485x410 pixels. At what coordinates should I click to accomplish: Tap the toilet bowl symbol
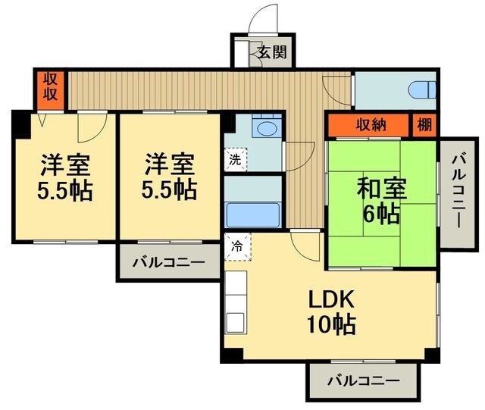pyautogui.click(x=421, y=90)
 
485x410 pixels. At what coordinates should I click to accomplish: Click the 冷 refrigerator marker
pyautogui.click(x=236, y=246)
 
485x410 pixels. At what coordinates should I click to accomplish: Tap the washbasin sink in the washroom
pyautogui.click(x=264, y=130)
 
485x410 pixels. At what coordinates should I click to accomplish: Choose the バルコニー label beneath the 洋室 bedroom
pyautogui.click(x=168, y=264)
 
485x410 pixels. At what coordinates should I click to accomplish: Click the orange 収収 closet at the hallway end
pyautogui.click(x=50, y=89)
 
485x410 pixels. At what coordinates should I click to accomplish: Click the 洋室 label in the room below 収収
pyautogui.click(x=64, y=164)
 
